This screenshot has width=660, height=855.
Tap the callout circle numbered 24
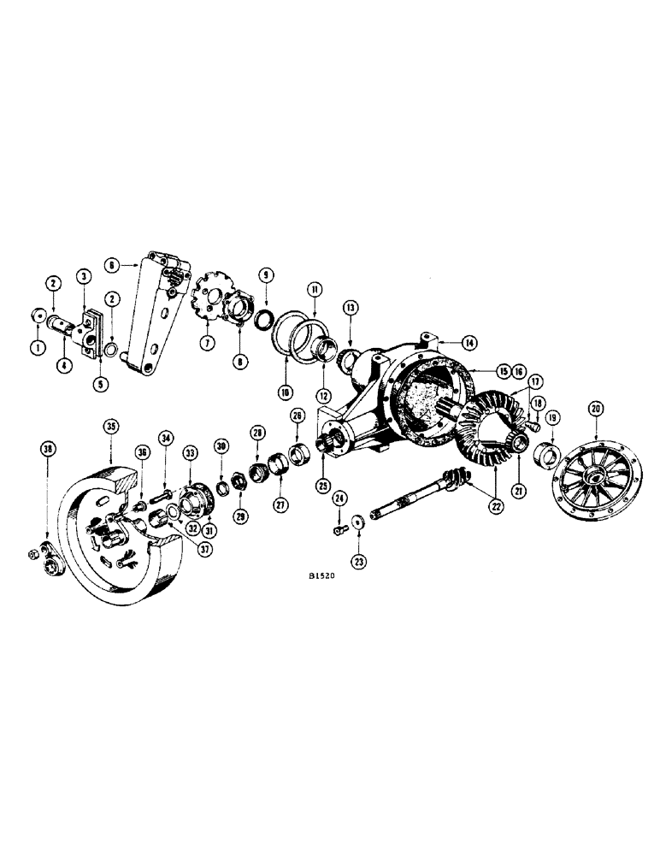[339, 498]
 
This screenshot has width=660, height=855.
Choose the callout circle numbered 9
[267, 275]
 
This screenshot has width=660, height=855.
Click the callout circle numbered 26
[298, 417]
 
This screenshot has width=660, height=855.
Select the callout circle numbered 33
[188, 453]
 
